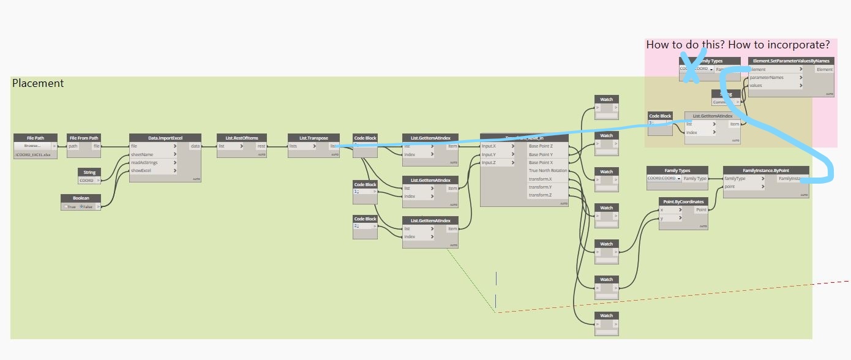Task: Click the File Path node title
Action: (x=36, y=138)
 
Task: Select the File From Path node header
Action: (x=84, y=138)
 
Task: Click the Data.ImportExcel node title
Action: (x=165, y=138)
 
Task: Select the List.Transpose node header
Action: (x=313, y=138)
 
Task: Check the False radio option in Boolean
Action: (x=81, y=207)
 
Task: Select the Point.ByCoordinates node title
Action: (x=683, y=201)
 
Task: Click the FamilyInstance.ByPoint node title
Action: (x=766, y=170)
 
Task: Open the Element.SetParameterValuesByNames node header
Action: (x=791, y=61)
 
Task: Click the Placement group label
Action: (x=38, y=83)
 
